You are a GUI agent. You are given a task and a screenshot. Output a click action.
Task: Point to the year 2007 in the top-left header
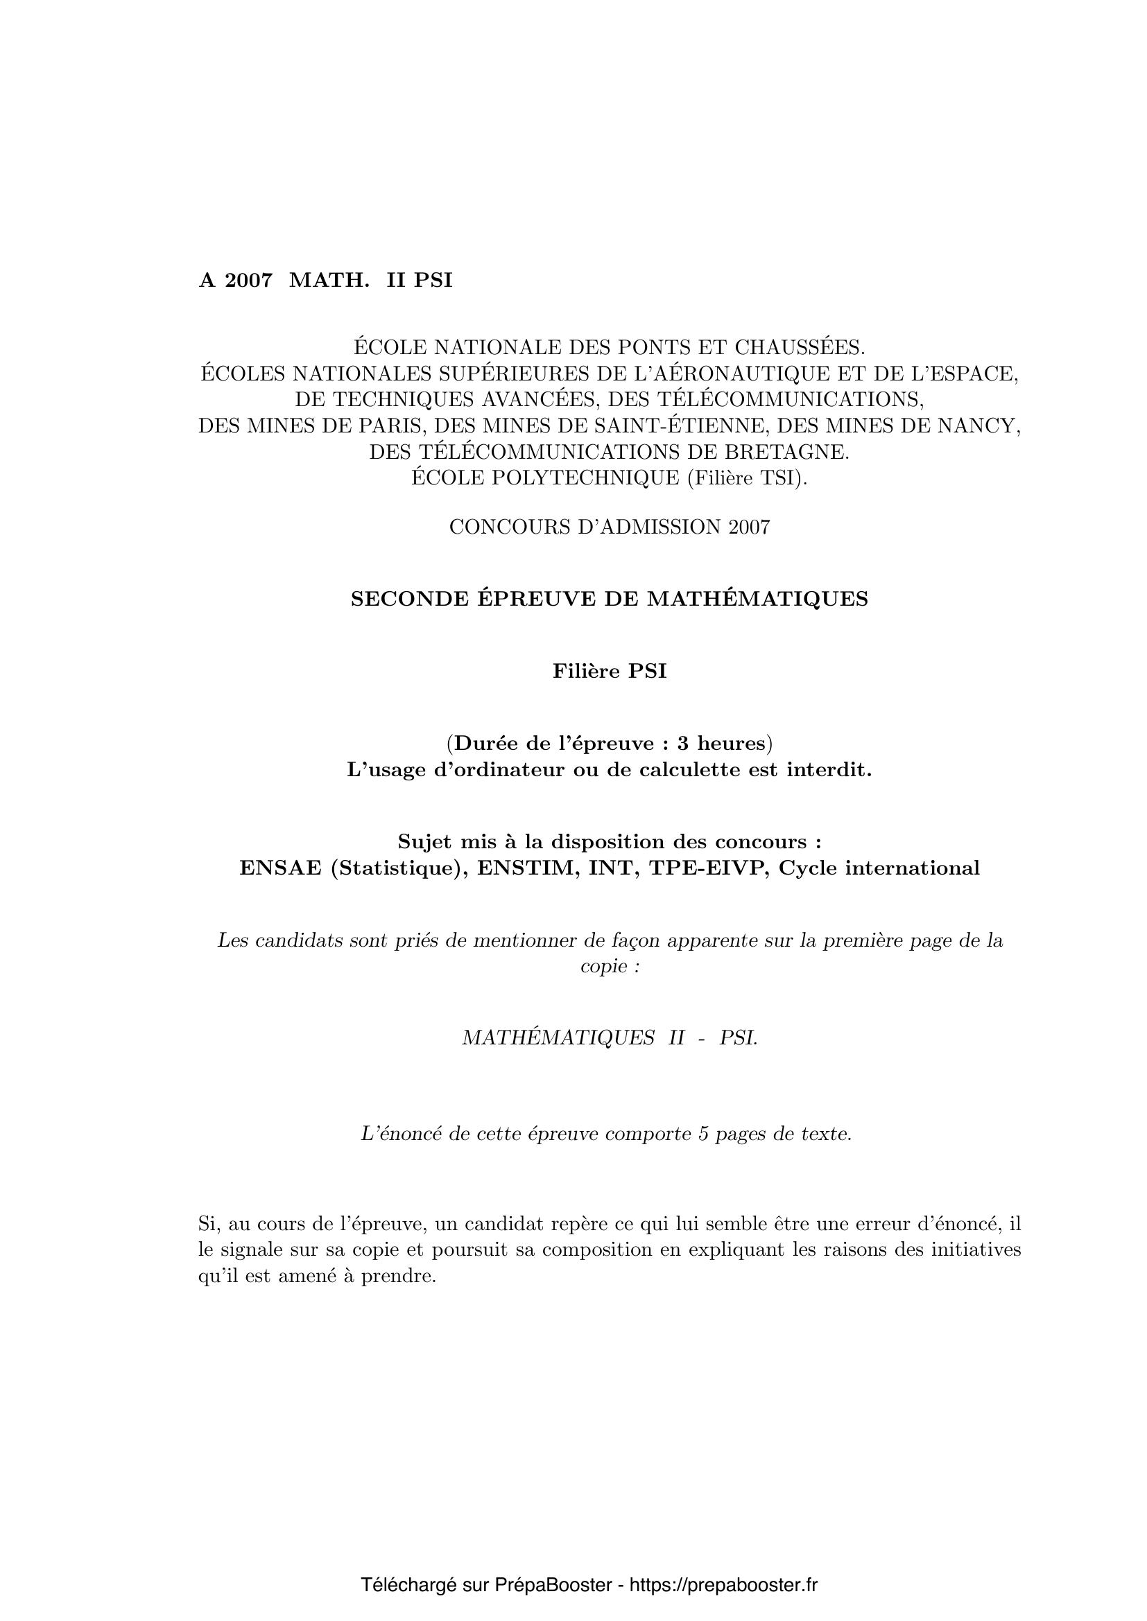248,281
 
